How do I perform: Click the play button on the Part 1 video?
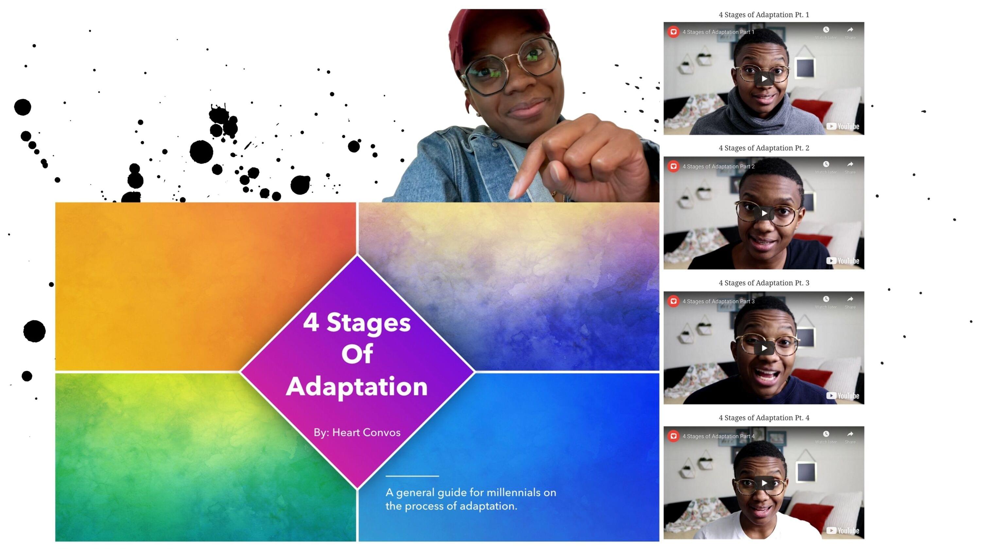(764, 79)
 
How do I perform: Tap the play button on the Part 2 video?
(764, 213)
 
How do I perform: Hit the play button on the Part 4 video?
(764, 483)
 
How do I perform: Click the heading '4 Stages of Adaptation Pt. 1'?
(764, 15)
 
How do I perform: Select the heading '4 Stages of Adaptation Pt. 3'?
(764, 283)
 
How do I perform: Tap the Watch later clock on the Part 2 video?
(826, 164)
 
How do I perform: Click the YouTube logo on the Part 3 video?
(842, 396)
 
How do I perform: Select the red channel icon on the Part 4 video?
(673, 436)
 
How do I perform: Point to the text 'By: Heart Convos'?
(357, 432)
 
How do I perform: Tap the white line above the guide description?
(412, 476)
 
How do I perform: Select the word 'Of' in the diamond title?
(357, 354)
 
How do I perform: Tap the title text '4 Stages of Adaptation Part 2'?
(718, 166)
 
